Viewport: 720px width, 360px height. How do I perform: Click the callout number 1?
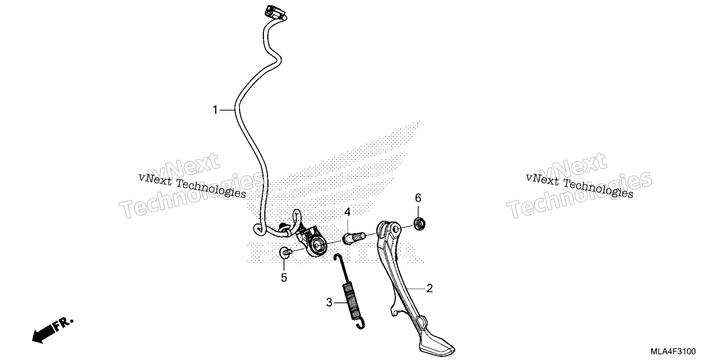tap(215, 110)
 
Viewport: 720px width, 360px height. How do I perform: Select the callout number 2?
tap(430, 288)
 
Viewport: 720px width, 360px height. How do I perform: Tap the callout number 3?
tap(329, 302)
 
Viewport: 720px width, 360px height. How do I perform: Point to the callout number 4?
tap(348, 212)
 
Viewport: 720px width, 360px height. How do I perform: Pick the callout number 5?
tap(284, 278)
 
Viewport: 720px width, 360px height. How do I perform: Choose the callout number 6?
tap(418, 198)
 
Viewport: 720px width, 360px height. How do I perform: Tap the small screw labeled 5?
tap(285, 253)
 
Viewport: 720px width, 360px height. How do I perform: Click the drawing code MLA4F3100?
tap(673, 351)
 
